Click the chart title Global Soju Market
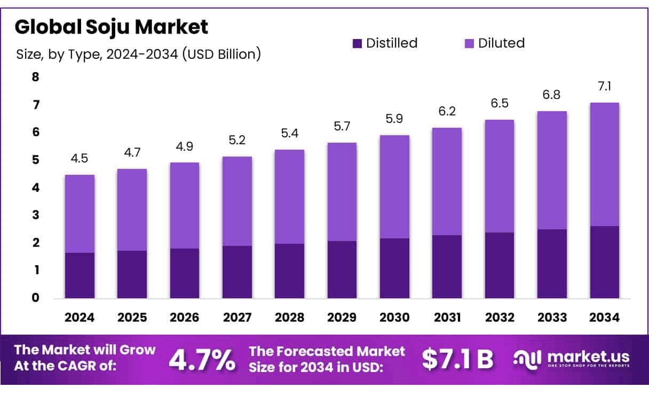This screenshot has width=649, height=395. [111, 27]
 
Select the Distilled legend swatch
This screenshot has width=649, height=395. [358, 43]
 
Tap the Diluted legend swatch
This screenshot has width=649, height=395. [469, 43]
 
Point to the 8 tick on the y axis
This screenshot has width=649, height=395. [36, 77]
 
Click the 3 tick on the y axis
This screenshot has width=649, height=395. [36, 215]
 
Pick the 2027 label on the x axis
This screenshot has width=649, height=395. [237, 317]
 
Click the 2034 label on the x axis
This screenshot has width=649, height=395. [605, 317]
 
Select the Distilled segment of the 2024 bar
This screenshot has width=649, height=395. [80, 275]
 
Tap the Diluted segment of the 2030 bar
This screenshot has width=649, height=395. [394, 187]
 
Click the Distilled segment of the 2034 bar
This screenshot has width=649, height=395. [605, 262]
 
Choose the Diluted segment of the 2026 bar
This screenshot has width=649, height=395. [185, 205]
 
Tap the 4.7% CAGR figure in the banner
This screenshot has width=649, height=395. [202, 360]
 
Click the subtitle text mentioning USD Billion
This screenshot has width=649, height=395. [139, 55]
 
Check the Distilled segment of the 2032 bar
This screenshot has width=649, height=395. [500, 265]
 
